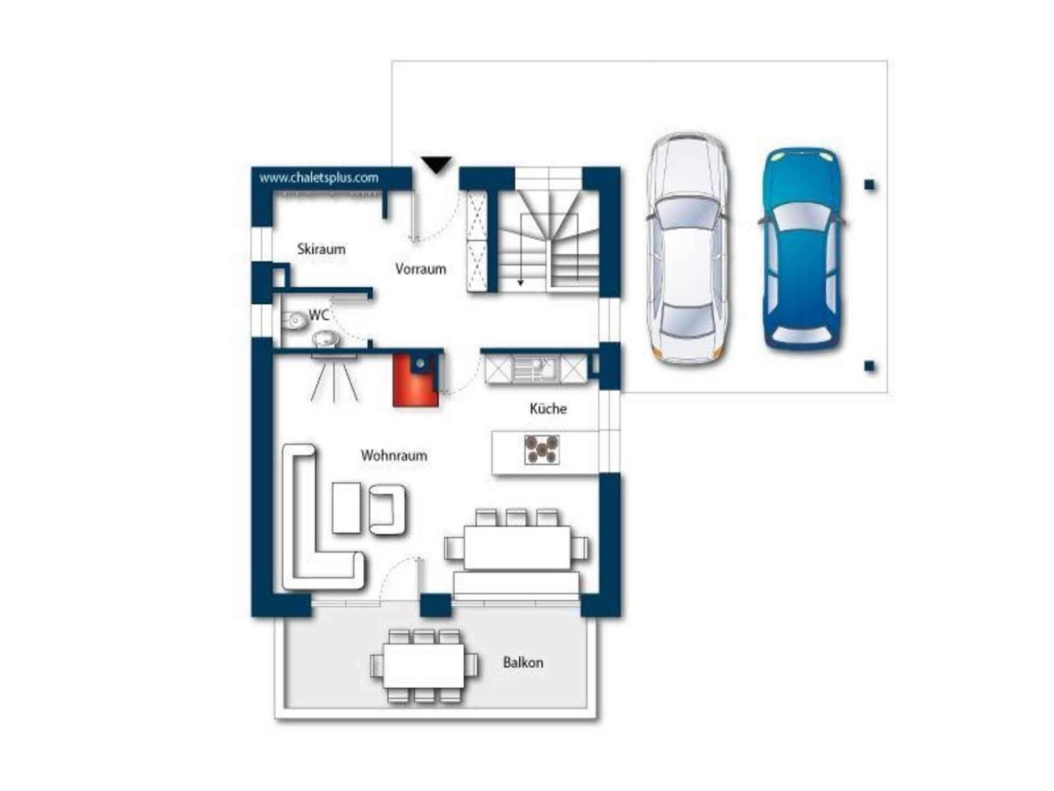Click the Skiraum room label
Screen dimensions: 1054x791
tap(321, 249)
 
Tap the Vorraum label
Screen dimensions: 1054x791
tap(421, 269)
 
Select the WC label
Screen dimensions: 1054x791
tap(319, 315)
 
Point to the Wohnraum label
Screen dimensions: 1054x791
tap(394, 455)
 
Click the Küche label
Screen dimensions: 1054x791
tap(548, 409)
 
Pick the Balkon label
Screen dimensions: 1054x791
tap(523, 662)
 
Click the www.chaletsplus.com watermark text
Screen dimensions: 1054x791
tap(319, 178)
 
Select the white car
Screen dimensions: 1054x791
tap(688, 248)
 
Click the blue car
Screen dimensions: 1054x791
tap(802, 248)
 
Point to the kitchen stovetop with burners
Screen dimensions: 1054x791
tap(541, 450)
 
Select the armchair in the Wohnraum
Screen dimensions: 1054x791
tap(388, 510)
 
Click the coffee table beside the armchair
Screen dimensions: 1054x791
tap(346, 508)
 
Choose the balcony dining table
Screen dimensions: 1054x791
tap(424, 666)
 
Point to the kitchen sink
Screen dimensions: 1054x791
tap(535, 369)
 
